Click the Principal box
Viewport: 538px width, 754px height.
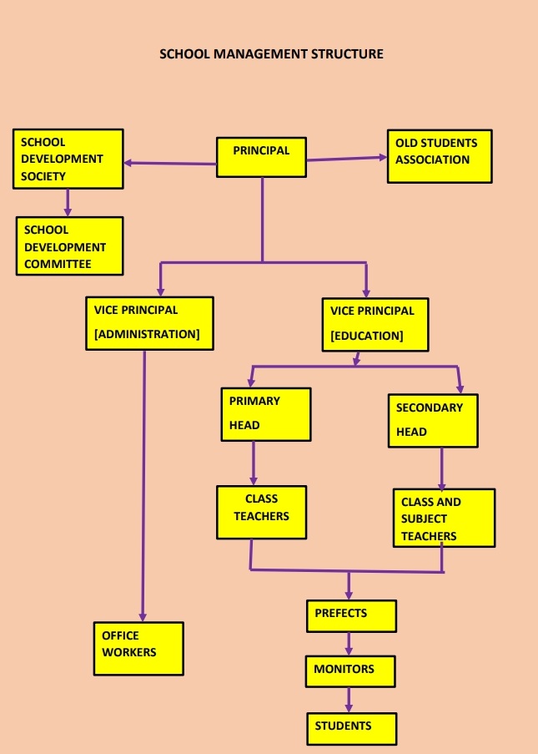click(x=261, y=156)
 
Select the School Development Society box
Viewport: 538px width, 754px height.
click(x=68, y=158)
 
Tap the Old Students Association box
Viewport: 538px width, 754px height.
click(x=439, y=156)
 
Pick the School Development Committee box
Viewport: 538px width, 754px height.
click(x=69, y=245)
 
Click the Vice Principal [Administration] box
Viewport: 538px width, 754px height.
click(x=149, y=322)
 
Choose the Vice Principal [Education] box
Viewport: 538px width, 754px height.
click(x=375, y=323)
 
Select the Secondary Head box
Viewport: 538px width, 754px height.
click(x=433, y=421)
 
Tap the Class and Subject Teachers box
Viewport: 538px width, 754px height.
click(x=444, y=518)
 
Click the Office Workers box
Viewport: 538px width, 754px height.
click(x=138, y=648)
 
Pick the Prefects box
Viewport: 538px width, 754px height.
click(x=351, y=615)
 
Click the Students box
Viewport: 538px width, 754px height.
click(x=351, y=727)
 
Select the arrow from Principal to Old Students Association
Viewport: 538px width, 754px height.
click(x=346, y=157)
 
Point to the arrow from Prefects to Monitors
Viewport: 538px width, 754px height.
click(x=349, y=643)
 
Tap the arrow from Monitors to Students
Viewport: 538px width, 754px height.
click(x=349, y=699)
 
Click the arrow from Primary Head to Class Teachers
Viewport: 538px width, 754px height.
click(x=253, y=464)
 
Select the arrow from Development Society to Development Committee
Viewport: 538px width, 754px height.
click(x=68, y=201)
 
